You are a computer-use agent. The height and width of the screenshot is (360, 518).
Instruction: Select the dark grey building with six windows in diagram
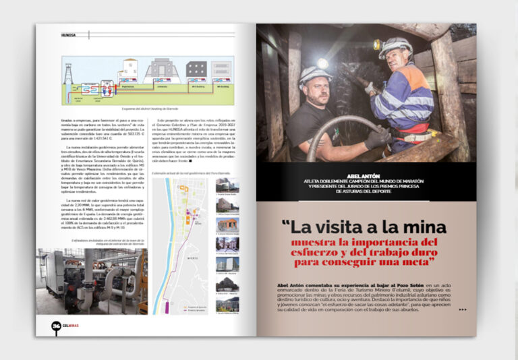[196, 69]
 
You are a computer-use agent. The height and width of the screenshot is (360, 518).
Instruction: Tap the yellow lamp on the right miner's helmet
[377, 45]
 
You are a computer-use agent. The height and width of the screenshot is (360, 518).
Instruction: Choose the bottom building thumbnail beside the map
[227, 304]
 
